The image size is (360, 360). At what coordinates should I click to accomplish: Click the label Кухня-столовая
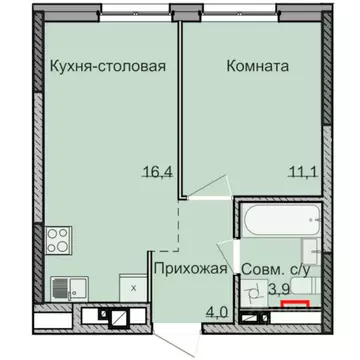click(x=106, y=68)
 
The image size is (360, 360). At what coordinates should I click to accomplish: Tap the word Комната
click(x=258, y=68)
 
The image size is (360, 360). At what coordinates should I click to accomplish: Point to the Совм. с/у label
click(x=279, y=269)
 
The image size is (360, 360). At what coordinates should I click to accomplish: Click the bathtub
click(x=275, y=221)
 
